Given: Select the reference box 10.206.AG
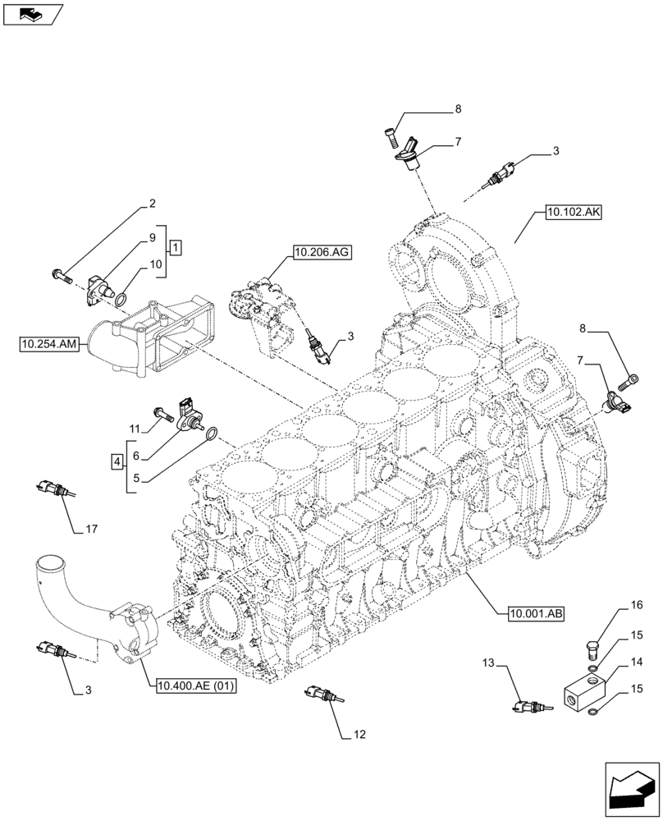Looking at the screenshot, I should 319,253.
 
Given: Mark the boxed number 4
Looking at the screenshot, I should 118,463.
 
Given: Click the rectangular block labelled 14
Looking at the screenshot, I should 584,690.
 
